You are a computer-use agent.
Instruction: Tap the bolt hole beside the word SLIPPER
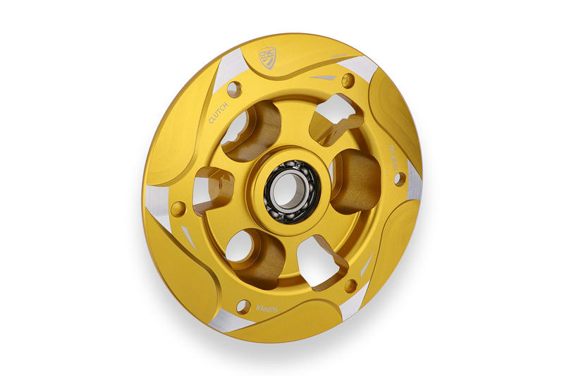coord(243,306)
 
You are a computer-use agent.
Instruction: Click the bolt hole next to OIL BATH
coord(400,178)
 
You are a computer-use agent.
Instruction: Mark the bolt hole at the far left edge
coord(178,209)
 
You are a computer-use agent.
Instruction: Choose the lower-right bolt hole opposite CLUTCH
coord(350,286)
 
